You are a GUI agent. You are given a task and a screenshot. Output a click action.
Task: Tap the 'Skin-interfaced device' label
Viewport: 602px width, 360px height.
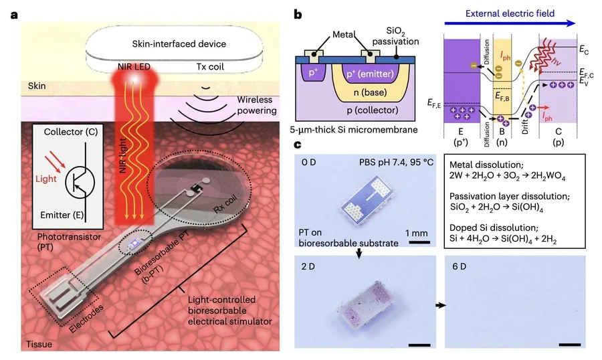coord(179,43)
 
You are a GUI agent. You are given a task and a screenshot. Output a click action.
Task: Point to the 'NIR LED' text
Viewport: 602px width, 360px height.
coord(134,66)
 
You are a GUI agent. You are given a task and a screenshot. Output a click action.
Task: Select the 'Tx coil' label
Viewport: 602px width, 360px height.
coord(210,66)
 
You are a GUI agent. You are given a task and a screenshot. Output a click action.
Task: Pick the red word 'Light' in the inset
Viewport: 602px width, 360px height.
coord(46,179)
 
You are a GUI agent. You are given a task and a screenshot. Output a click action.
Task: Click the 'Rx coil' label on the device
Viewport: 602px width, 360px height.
coord(225,203)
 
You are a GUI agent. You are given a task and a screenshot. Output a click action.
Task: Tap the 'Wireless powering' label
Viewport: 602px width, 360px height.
coord(256,105)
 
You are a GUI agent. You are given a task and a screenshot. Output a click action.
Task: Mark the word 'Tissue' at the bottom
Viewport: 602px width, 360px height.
coord(39,344)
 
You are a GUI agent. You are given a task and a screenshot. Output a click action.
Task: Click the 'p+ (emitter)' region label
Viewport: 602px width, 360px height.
coord(370,74)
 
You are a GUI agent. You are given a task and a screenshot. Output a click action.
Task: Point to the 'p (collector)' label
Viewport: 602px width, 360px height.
coord(373,110)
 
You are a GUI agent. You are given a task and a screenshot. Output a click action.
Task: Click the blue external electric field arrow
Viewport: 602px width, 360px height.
coord(510,23)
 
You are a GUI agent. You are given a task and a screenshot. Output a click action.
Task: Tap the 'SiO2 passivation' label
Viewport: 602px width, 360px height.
coord(395,37)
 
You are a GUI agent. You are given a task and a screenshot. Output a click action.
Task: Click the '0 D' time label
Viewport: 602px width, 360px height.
coord(308,162)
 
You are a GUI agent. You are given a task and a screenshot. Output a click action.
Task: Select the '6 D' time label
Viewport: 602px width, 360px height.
coord(459,266)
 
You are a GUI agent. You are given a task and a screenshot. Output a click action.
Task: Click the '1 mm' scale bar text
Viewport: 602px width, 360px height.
coord(417,233)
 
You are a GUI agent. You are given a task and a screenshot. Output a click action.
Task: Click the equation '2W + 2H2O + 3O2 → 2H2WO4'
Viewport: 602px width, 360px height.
coord(507,177)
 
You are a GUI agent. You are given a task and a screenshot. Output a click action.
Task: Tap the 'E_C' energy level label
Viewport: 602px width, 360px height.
coord(583,50)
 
